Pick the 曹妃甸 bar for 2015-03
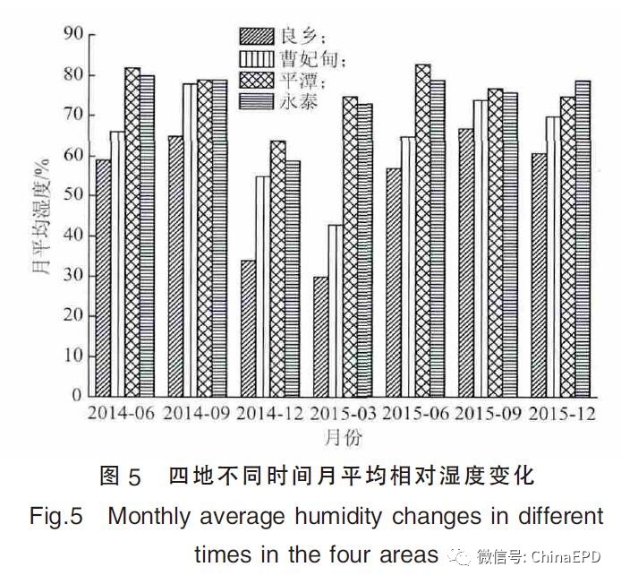click(x=335, y=310)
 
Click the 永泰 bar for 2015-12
click(x=583, y=237)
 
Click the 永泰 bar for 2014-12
click(x=293, y=278)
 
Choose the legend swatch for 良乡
click(x=258, y=37)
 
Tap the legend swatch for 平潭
click(x=258, y=81)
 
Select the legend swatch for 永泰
click(x=258, y=102)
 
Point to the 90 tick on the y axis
click(x=72, y=34)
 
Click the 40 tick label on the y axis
click(x=72, y=235)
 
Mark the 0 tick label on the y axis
click(x=77, y=395)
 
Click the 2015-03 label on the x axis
click(x=343, y=415)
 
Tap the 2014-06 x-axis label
click(x=121, y=415)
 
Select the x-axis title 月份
click(x=344, y=437)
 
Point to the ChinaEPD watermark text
click(x=568, y=556)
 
